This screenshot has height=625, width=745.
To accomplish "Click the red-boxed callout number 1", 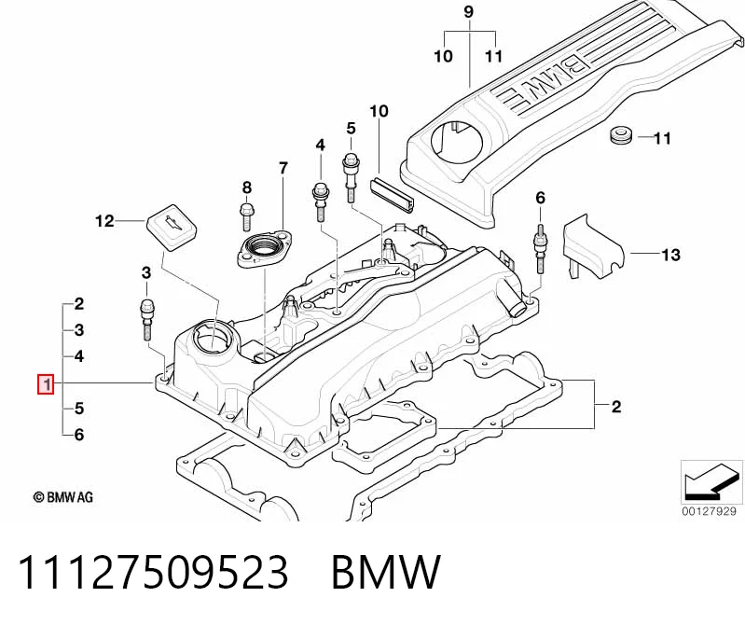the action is coord(47,384).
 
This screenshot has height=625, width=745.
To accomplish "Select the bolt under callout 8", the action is coord(246,216).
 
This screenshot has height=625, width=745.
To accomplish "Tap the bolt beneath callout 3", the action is coord(146,319).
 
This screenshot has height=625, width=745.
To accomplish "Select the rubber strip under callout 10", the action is coord(393,194).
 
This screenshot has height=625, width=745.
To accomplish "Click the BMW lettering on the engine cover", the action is coord(543,85).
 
